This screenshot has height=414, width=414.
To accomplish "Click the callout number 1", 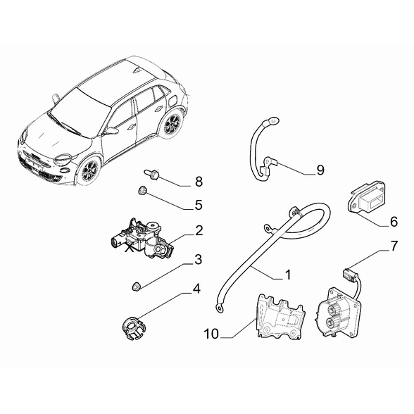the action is pos(288,275).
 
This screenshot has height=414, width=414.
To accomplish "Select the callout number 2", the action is pos(199,230).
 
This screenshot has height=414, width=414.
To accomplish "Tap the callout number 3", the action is pos(198,259).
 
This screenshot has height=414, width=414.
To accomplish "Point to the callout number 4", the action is pos(196,289).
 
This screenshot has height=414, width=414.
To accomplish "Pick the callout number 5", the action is pos(199,205).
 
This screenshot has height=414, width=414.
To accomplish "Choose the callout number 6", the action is pos(394,222).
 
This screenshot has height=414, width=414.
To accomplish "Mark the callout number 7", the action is pos(394,246).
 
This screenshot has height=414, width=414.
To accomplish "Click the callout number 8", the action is pos(199,182).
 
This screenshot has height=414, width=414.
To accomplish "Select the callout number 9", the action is pos(320,170).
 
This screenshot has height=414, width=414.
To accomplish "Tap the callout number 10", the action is pos(211,334).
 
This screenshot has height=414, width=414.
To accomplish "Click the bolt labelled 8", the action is pos(151,175).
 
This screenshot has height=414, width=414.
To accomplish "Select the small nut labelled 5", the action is pos(143,190).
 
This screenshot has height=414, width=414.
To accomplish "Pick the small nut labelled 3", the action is pos(137,286).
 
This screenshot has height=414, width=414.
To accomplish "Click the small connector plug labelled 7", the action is pos(349,274).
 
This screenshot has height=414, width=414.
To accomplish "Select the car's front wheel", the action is pos(89,170).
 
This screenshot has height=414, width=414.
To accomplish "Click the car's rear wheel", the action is pos(172,124).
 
